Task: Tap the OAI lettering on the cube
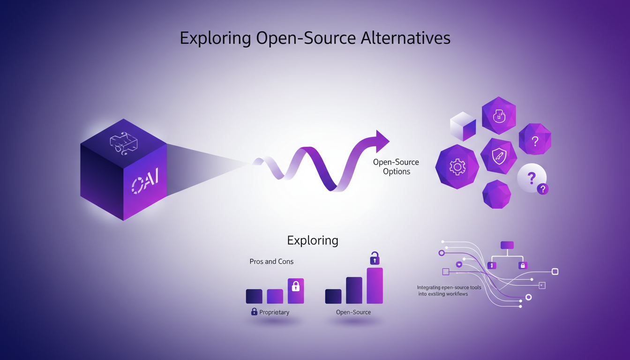(145, 180)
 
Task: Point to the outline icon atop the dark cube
(123, 143)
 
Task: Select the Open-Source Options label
(396, 167)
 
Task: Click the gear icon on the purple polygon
(457, 167)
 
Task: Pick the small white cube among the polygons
(463, 126)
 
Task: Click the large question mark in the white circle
(531, 178)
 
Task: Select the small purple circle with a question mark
(543, 189)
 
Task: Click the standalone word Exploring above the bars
(313, 240)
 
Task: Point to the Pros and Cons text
(271, 262)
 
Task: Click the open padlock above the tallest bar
(375, 258)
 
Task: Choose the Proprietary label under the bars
(274, 312)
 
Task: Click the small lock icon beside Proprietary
(254, 312)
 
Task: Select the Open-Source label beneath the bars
(353, 312)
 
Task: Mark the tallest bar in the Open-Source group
(375, 285)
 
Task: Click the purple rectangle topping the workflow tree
(507, 245)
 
